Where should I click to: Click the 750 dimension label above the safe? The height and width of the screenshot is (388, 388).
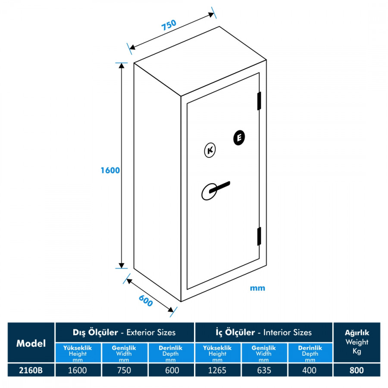tap(169, 25)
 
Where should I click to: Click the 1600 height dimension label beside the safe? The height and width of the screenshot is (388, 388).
tap(110, 170)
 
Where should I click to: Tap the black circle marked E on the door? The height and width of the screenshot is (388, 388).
tap(239, 137)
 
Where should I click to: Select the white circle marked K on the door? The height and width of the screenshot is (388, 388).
tap(210, 150)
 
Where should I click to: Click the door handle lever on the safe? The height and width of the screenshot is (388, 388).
tap(218, 188)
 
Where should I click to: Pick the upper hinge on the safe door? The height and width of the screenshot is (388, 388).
tap(260, 100)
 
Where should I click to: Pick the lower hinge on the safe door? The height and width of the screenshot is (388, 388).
tap(260, 236)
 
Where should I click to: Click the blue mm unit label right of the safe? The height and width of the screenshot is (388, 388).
tap(257, 288)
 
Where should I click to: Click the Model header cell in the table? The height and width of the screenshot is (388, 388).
tap(31, 343)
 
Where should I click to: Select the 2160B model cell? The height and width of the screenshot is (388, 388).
tap(31, 370)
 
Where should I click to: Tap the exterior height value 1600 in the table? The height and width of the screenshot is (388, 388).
tap(78, 370)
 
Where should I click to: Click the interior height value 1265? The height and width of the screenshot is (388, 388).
tap(217, 370)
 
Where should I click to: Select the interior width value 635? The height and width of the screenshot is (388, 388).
tap(264, 370)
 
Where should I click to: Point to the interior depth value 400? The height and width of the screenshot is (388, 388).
tap(310, 370)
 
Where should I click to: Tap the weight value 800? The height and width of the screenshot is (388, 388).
tap(357, 370)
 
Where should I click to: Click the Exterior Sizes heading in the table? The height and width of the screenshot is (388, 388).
tap(125, 332)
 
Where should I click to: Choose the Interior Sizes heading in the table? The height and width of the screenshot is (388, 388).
tap(263, 332)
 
